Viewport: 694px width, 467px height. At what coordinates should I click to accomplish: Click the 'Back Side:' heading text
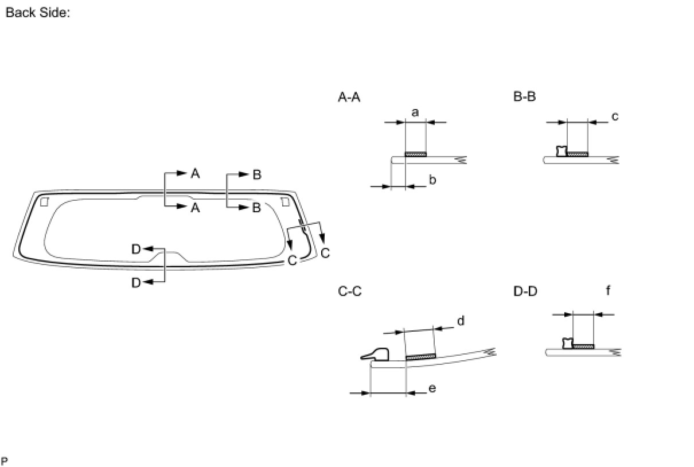tap(37, 13)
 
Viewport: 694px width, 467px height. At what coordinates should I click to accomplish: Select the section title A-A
tap(349, 98)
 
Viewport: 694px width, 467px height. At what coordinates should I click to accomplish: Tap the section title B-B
tap(524, 96)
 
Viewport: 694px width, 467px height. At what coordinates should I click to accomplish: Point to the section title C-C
tap(350, 291)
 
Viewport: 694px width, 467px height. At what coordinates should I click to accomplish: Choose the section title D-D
tap(525, 291)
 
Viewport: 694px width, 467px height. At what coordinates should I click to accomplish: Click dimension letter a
tap(415, 112)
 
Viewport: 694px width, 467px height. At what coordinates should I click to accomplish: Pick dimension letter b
tap(432, 180)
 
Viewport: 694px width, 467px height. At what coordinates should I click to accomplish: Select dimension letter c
tap(615, 116)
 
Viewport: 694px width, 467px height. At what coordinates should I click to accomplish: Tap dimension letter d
tap(460, 321)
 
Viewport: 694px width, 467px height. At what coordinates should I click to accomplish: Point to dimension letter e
tap(432, 388)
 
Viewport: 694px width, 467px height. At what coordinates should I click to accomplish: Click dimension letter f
tap(608, 291)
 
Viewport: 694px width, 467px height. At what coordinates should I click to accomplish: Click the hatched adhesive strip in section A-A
tap(415, 154)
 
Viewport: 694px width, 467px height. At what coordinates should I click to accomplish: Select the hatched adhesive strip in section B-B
tap(577, 154)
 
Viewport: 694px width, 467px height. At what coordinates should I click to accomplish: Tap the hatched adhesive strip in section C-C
tap(421, 357)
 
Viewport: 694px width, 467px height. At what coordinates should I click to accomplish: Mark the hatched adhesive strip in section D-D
tap(583, 346)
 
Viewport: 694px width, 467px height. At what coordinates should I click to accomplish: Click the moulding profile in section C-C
tap(376, 354)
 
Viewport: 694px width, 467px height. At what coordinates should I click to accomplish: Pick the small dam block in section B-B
tap(562, 151)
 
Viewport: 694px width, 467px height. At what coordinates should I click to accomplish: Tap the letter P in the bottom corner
tap(5, 461)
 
